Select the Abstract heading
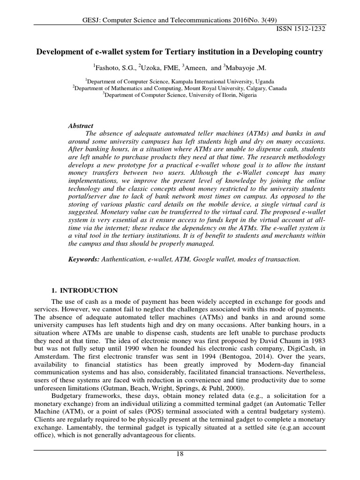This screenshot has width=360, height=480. [x=81, y=126]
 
